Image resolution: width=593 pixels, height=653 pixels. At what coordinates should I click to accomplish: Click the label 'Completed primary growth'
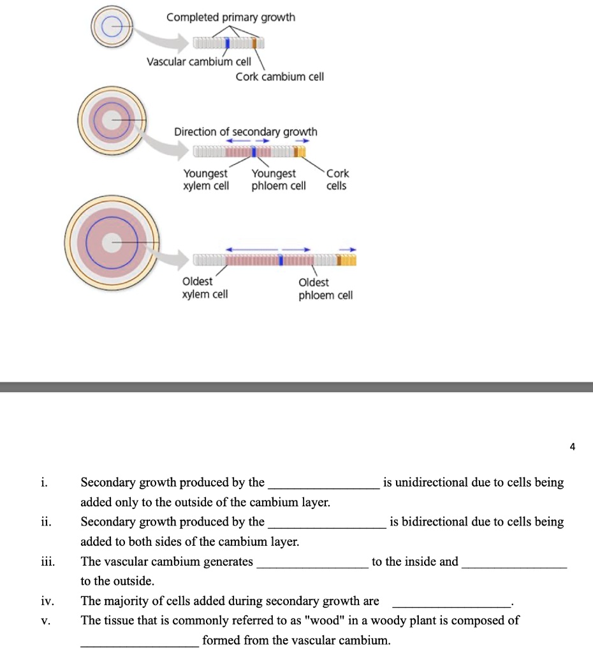[230, 17]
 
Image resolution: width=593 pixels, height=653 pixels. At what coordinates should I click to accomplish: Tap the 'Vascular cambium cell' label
[199, 62]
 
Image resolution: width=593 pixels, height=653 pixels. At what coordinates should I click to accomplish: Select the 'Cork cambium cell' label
[280, 77]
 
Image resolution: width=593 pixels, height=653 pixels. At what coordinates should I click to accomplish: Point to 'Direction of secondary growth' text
[245, 131]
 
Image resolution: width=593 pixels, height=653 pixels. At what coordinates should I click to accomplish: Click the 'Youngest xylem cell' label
[205, 179]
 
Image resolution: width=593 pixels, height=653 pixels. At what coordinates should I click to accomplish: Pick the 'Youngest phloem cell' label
[278, 179]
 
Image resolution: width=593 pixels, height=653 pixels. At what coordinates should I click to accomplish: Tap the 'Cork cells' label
[337, 179]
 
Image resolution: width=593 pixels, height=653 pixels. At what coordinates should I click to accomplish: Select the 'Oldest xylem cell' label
[205, 288]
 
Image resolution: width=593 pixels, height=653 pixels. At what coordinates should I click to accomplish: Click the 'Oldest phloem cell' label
[325, 288]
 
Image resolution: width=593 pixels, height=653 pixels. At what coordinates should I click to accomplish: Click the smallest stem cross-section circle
[113, 27]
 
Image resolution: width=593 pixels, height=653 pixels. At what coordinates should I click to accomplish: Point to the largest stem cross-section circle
[112, 241]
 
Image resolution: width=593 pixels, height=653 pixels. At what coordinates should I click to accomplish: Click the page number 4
[572, 447]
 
